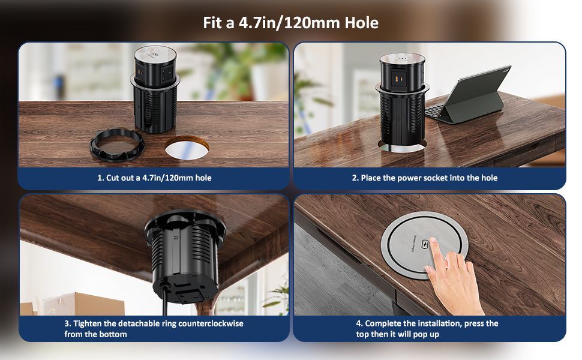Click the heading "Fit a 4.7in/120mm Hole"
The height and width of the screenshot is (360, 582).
point(290,23)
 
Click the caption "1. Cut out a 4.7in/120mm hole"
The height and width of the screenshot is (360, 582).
point(154,178)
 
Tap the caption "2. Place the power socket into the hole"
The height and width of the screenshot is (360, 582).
point(424,178)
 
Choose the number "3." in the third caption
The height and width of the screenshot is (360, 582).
point(68,323)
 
